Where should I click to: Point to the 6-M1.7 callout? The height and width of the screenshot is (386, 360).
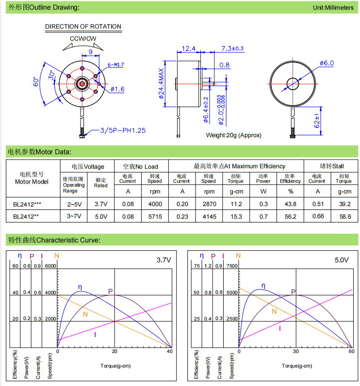(x=115, y=64)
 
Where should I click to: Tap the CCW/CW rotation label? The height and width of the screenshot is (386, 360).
(x=83, y=38)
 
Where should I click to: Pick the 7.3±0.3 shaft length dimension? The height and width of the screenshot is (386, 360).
(x=232, y=48)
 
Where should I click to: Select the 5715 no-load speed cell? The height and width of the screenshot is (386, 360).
(x=155, y=217)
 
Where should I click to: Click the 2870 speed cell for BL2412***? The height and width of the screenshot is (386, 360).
(x=209, y=204)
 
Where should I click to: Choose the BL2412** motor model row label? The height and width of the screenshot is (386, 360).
(x=26, y=217)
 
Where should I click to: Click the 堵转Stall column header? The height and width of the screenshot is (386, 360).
(x=331, y=166)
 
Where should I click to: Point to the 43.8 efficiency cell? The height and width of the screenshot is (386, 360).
(x=290, y=204)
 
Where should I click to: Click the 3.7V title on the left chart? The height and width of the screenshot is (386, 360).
(x=164, y=260)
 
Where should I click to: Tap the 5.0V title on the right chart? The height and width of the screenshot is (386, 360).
(x=342, y=260)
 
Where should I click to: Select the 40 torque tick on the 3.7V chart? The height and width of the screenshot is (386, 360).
(x=169, y=351)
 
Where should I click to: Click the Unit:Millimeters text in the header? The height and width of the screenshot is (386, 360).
(x=333, y=8)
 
